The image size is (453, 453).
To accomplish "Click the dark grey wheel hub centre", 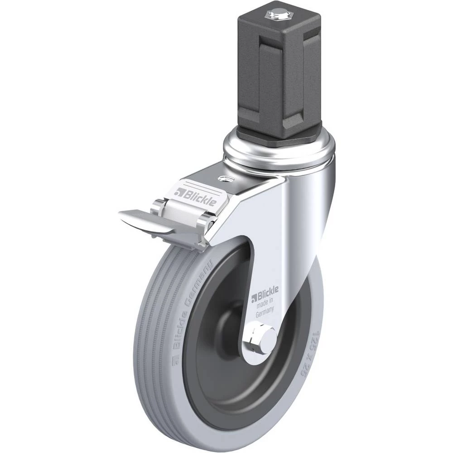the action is pos(231,321).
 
